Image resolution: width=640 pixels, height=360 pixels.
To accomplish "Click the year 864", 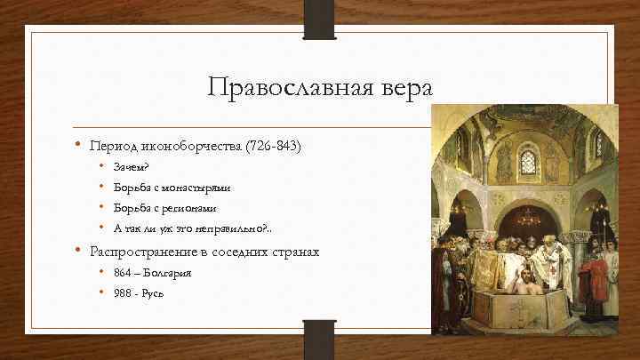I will coord(123,273).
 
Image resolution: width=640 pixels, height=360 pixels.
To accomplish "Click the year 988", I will coord(123,294).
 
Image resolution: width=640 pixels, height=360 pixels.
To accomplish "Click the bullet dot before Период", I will coord(78,144).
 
